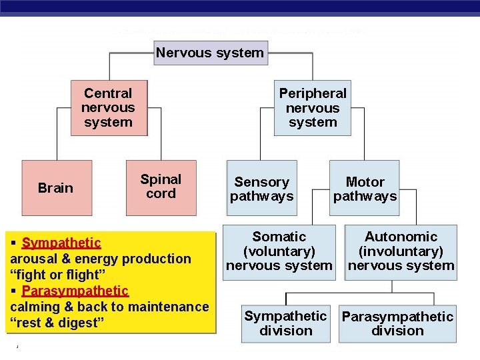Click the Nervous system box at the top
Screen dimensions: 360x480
point(210,53)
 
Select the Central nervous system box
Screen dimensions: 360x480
point(109,108)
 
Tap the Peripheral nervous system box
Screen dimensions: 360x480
point(313,108)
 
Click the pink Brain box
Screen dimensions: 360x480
point(56,188)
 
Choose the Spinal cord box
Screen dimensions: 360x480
point(161,187)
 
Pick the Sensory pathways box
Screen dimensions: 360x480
point(262,189)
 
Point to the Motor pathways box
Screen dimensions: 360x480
point(365,189)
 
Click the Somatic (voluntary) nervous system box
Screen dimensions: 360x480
point(279,251)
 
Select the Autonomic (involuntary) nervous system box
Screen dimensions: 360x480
point(401,251)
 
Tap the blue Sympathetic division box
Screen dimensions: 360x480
point(285,323)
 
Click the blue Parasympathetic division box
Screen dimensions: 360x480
point(397,323)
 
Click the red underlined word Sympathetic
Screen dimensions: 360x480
point(61,243)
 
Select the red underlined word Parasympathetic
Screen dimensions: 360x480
point(75,291)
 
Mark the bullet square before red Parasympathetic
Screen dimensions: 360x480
point(15,291)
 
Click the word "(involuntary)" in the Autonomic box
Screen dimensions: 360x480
point(401,251)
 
